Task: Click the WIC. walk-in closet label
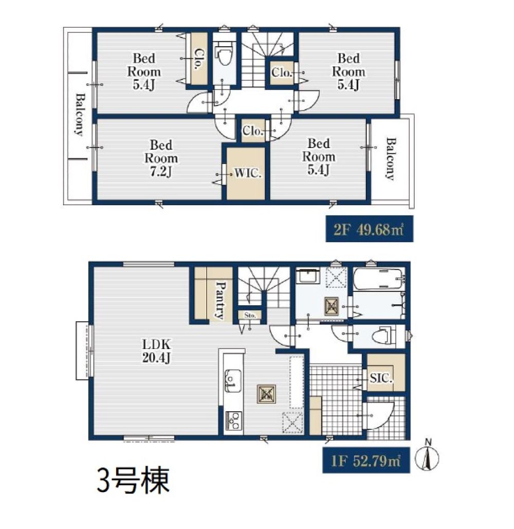[248, 173]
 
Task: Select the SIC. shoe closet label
[381, 378]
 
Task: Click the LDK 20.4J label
[156, 351]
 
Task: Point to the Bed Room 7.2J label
[161, 158]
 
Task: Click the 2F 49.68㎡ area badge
[370, 229]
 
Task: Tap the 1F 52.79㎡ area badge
[366, 460]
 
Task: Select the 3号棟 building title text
[133, 480]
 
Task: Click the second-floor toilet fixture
[223, 57]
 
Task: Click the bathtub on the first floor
[378, 279]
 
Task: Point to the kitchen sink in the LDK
[233, 380]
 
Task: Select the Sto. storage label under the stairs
[250, 316]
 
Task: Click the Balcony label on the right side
[390, 158]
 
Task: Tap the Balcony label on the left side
[80, 114]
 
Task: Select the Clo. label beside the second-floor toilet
[199, 59]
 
